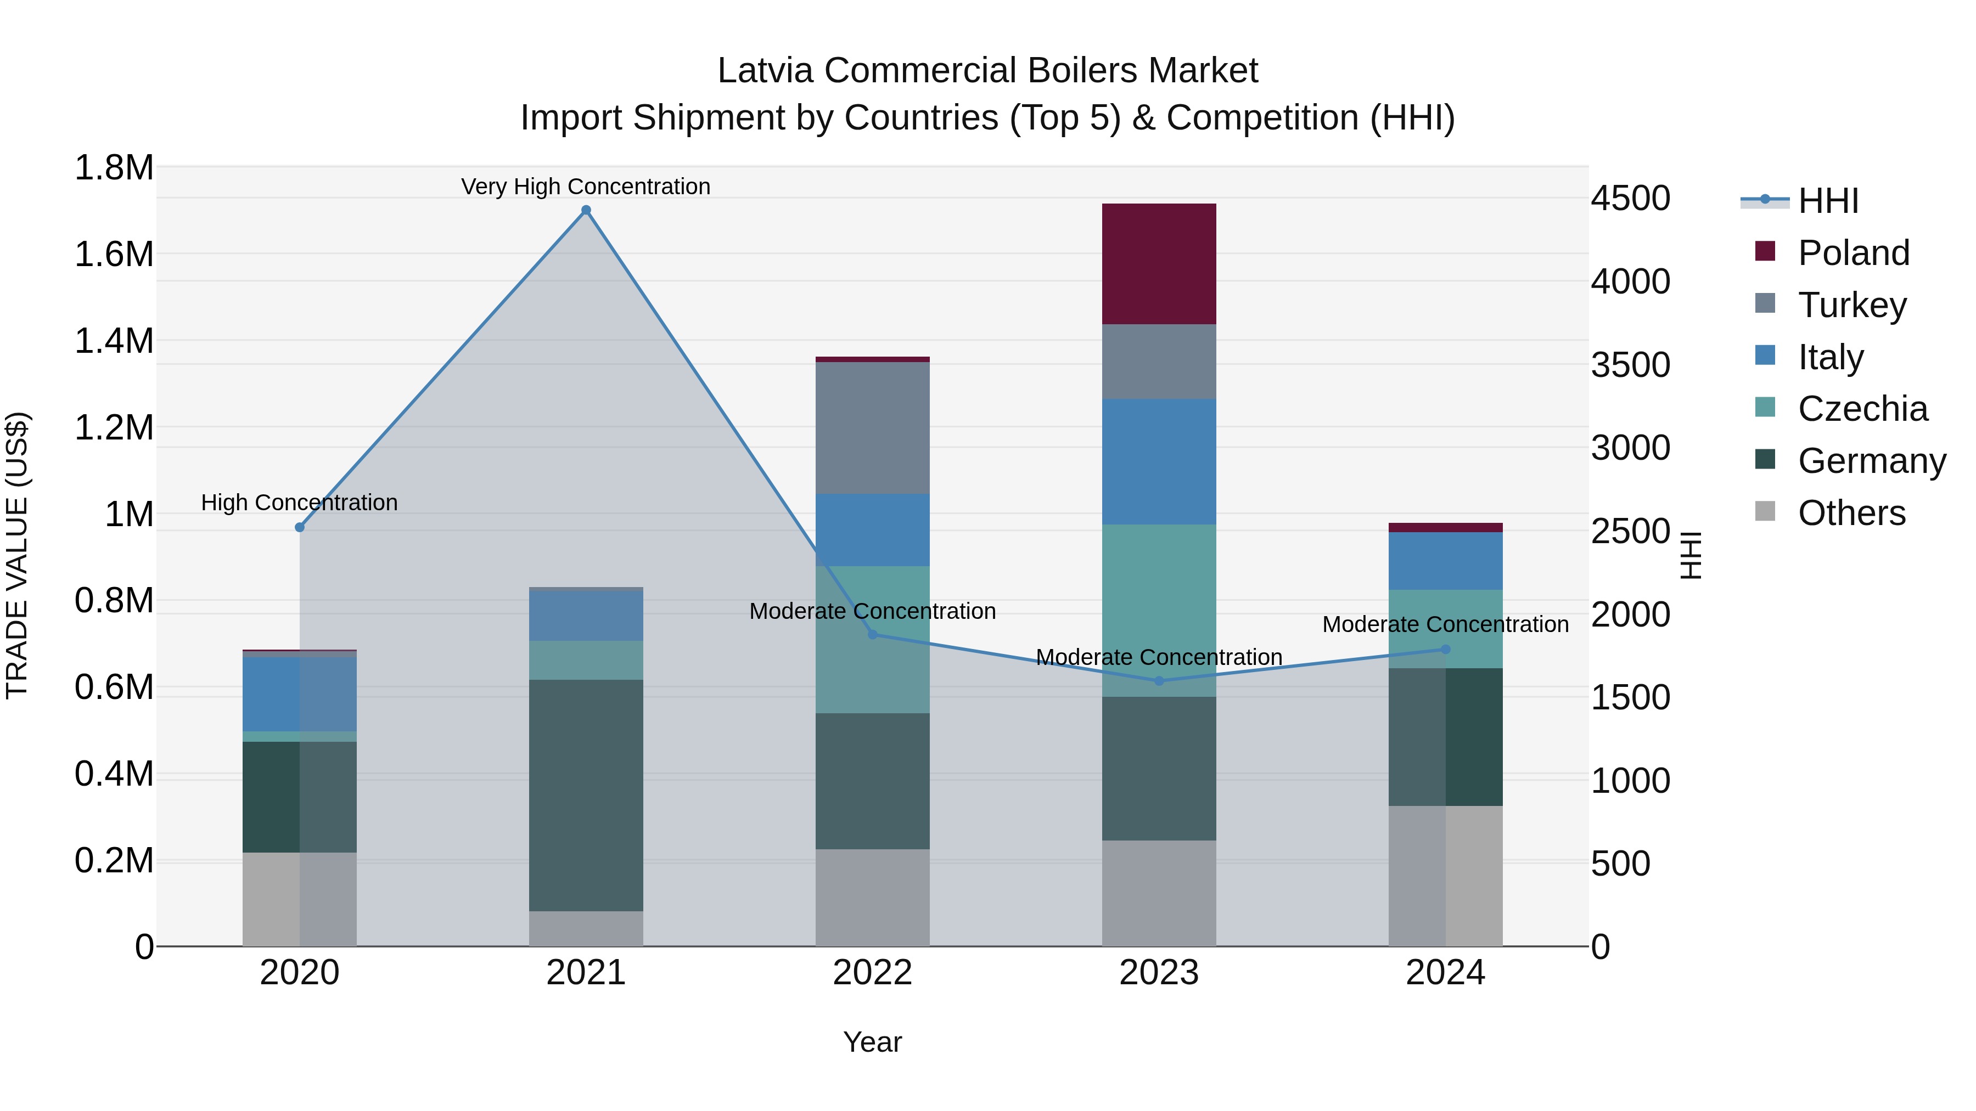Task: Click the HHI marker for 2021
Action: [x=586, y=210]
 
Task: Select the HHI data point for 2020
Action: [x=300, y=527]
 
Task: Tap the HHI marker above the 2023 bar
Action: [x=1159, y=681]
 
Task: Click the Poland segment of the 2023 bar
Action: [x=1159, y=264]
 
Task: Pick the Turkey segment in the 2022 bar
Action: [x=872, y=428]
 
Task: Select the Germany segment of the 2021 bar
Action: [x=586, y=795]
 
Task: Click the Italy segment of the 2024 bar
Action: [x=1445, y=561]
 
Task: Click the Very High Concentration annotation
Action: [x=586, y=187]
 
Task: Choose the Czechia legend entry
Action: [x=1862, y=409]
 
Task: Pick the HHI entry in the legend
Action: [x=1827, y=201]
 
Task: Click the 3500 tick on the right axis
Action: [x=1630, y=365]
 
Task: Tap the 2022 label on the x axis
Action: [x=872, y=973]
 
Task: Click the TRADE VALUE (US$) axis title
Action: [x=18, y=555]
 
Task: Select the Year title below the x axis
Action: [x=872, y=1042]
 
